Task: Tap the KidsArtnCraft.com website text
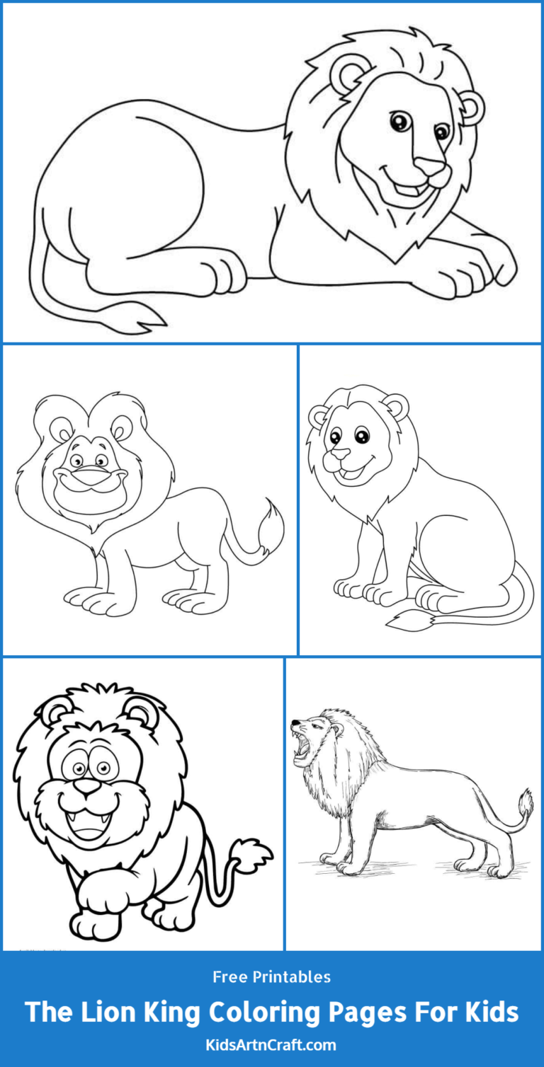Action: pyautogui.click(x=272, y=1044)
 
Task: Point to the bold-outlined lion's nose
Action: pyautogui.click(x=89, y=786)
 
